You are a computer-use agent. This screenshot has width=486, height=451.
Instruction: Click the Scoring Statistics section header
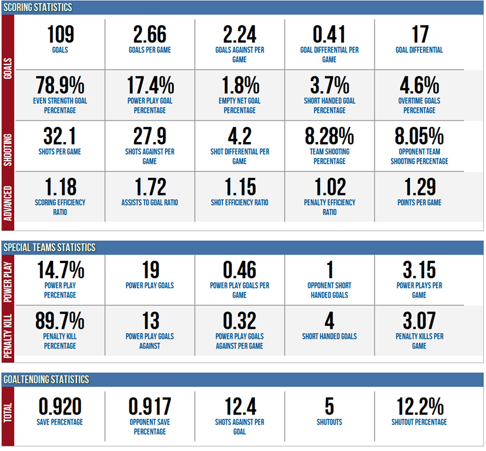pyautogui.click(x=38, y=8)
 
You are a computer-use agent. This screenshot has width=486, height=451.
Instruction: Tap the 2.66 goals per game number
pyautogui.click(x=150, y=35)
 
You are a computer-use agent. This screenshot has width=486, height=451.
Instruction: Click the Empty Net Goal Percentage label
pyautogui.click(x=240, y=105)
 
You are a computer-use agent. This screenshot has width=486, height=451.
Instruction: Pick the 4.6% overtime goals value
pyautogui.click(x=419, y=86)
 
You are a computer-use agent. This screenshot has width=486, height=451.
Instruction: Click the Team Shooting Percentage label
pyautogui.click(x=329, y=156)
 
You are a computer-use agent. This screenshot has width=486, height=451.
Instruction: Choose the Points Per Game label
pyautogui.click(x=419, y=203)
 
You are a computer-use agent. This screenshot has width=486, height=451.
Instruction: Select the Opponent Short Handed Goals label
pyautogui.click(x=329, y=291)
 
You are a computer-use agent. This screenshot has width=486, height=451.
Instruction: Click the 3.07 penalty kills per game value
pyautogui.click(x=419, y=321)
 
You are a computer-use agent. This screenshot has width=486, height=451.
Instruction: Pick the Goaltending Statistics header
pyautogui.click(x=46, y=379)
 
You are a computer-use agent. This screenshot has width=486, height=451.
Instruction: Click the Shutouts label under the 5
pyautogui.click(x=329, y=422)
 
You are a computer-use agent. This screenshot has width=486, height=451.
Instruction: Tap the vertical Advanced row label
pyautogui.click(x=8, y=196)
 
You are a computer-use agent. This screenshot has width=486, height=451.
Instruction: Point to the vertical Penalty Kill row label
pyautogui.click(x=8, y=331)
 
